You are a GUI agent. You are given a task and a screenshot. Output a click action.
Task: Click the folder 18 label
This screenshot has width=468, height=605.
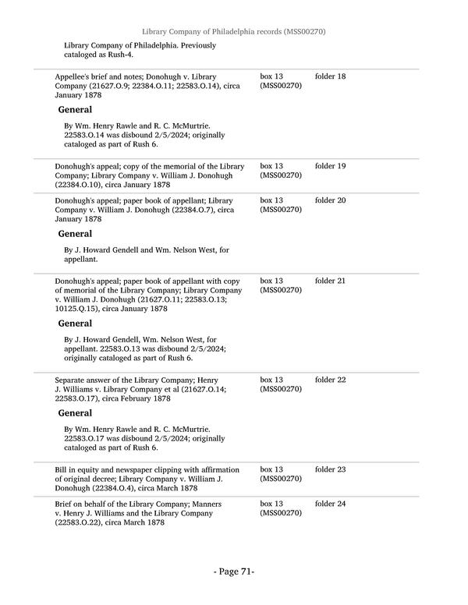pyautogui.click(x=330, y=76)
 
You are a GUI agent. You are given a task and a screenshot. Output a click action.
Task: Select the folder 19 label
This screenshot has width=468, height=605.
pyautogui.click(x=330, y=166)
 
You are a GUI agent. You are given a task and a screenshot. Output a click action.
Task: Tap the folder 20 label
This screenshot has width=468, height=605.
pyautogui.click(x=330, y=200)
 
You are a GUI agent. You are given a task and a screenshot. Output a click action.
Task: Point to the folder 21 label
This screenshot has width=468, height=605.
pyautogui.click(x=330, y=281)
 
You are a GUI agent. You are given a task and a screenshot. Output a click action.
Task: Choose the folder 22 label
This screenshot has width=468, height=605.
pyautogui.click(x=330, y=380)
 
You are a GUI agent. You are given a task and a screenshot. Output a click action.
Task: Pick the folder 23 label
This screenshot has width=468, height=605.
pyautogui.click(x=330, y=469)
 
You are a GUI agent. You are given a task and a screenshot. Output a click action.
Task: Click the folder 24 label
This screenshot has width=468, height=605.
pyautogui.click(x=330, y=504)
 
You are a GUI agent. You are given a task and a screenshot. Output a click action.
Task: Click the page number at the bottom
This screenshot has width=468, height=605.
pyautogui.click(x=234, y=571)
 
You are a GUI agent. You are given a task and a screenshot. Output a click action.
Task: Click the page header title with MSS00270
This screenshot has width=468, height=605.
pyautogui.click(x=234, y=31)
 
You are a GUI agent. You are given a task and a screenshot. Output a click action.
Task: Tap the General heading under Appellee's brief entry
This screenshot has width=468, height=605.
pyautogui.click(x=75, y=110)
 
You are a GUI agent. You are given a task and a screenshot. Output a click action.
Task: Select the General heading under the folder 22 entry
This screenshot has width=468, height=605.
pyautogui.click(x=75, y=413)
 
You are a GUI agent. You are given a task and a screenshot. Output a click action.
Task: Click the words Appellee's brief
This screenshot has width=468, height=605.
pyautogui.click(x=82, y=76)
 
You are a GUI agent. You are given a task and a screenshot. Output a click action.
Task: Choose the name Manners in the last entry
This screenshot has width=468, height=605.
pyautogui.click(x=206, y=504)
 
